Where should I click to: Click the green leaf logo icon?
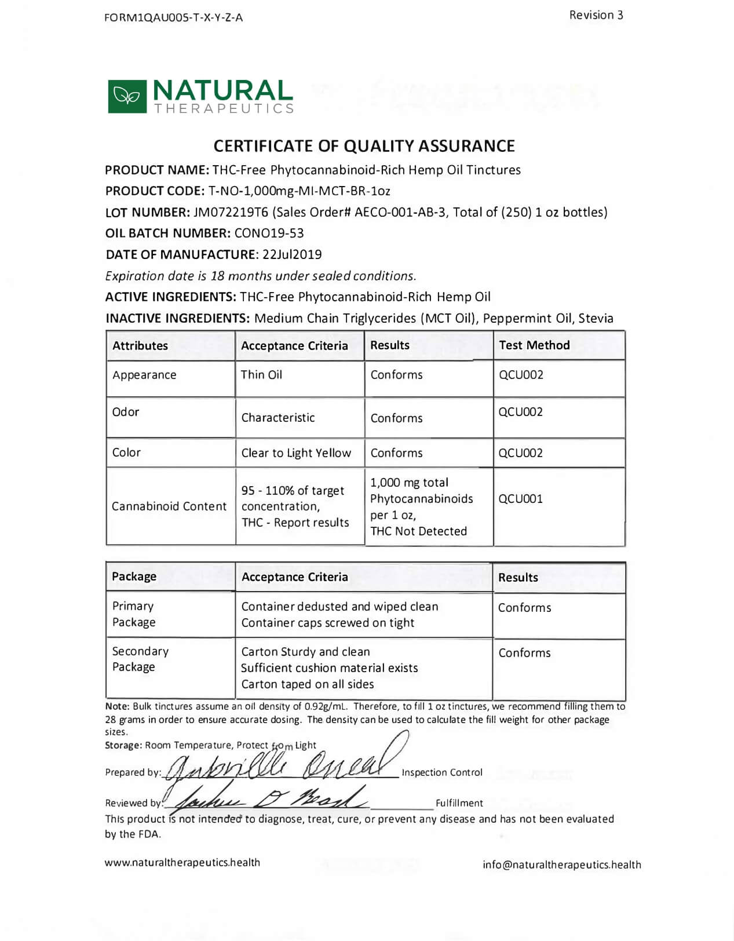(x=127, y=96)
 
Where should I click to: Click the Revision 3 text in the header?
(x=596, y=15)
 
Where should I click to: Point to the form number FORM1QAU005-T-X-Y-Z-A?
(x=173, y=17)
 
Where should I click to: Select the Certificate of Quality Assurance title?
(x=364, y=145)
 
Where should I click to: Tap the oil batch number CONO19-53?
(x=269, y=233)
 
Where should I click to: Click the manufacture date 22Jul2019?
(x=292, y=254)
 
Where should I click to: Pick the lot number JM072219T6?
(x=231, y=212)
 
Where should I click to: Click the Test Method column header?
(x=534, y=345)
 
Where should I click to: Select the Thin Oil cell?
(x=261, y=375)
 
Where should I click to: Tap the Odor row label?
(x=126, y=412)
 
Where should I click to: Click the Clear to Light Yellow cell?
(x=296, y=453)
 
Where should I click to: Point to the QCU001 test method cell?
(x=520, y=499)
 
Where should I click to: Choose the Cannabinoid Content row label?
(x=169, y=506)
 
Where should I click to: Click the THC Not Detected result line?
(x=418, y=531)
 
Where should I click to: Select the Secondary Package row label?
(x=140, y=659)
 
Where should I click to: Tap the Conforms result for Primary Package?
(x=524, y=608)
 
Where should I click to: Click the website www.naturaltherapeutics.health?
(x=182, y=863)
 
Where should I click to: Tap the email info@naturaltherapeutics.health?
(x=561, y=865)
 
